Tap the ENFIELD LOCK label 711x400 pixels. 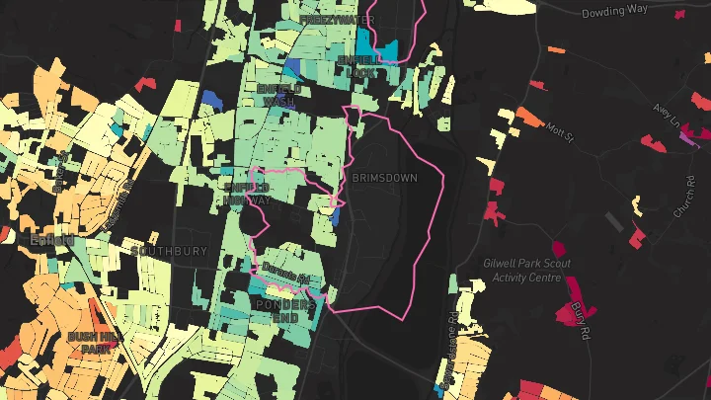356,66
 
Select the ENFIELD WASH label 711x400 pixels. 277,95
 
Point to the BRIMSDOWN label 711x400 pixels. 384,178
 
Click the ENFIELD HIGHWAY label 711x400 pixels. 246,193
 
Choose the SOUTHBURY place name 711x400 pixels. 169,251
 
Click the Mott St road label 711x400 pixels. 560,131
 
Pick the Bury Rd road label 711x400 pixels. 580,317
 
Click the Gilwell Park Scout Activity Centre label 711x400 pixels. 527,271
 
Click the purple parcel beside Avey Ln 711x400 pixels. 686,137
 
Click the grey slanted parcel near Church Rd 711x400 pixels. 614,222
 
